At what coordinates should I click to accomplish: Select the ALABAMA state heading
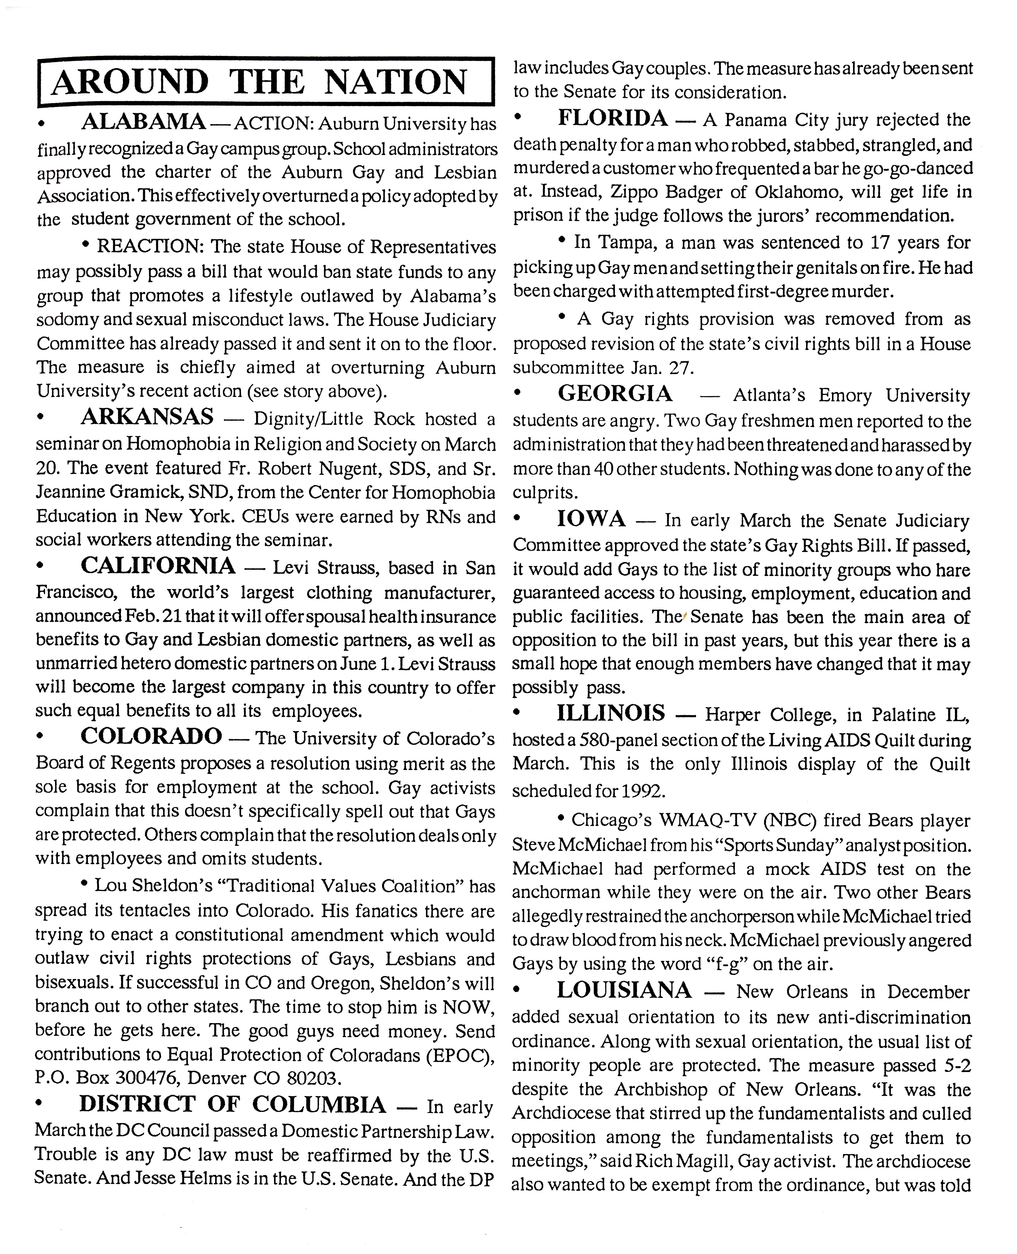[x=143, y=122]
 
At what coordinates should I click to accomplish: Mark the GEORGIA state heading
[x=615, y=393]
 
